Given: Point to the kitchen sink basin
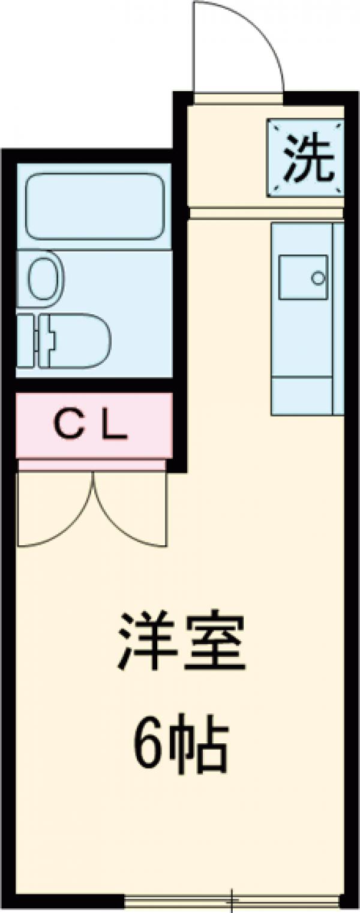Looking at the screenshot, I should click(304, 277).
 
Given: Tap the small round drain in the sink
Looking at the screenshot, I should click(317, 278).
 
